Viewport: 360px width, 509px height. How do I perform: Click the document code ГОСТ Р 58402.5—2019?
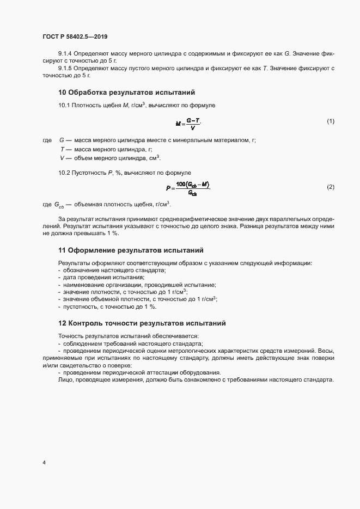(76, 36)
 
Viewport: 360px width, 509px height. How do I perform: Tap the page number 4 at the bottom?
(44, 463)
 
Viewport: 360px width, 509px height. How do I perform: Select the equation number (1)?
(330, 121)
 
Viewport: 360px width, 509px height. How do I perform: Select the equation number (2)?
(330, 187)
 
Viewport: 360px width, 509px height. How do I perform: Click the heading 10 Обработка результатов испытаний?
(126, 92)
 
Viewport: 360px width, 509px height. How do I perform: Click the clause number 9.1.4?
(66, 53)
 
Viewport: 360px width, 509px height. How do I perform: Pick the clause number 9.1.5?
(66, 68)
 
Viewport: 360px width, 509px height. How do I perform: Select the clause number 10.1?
(64, 105)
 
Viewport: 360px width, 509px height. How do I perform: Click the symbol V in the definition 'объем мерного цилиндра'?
(63, 158)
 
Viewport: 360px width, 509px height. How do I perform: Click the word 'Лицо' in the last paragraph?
(65, 379)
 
